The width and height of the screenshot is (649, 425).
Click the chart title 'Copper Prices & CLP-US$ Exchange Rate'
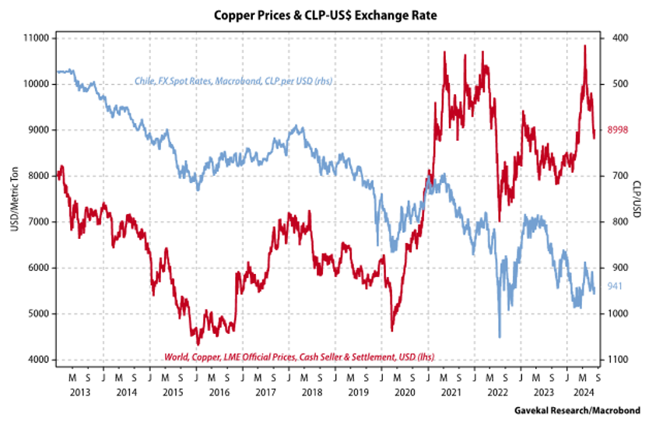(324, 15)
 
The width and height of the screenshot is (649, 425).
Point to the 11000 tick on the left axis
(36, 38)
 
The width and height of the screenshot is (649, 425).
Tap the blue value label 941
(612, 286)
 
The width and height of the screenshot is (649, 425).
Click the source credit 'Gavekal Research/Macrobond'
(580, 409)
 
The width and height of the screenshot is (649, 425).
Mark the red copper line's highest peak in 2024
(584, 46)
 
